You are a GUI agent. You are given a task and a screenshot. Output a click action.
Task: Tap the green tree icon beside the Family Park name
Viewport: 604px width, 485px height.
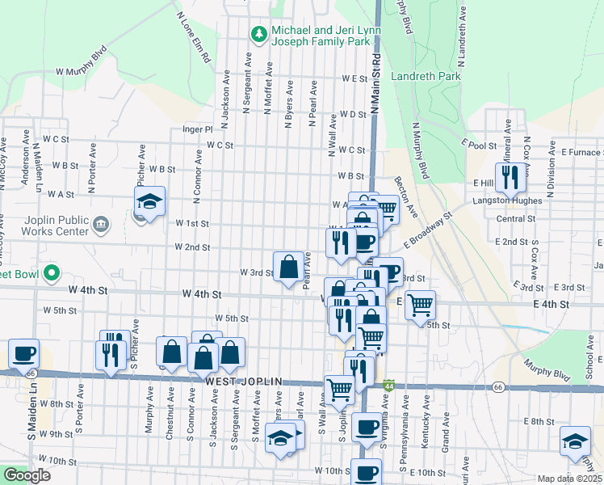pyautogui.click(x=258, y=34)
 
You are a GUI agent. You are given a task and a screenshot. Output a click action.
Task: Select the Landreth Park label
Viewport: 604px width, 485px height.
pyautogui.click(x=426, y=76)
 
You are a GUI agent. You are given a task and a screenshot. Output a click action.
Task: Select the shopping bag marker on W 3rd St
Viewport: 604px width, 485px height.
pyautogui.click(x=288, y=266)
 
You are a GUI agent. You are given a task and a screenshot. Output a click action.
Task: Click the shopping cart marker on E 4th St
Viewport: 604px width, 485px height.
pyautogui.click(x=420, y=305)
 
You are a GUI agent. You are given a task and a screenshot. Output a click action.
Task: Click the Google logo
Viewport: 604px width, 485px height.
pyautogui.click(x=27, y=475)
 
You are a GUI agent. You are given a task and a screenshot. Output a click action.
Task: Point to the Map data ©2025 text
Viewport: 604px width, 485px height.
pyautogui.click(x=569, y=479)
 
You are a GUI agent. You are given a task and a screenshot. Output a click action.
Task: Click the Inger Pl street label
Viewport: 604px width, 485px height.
pyautogui.click(x=197, y=129)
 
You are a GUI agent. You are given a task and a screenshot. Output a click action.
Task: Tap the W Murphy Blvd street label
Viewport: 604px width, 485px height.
pyautogui.click(x=82, y=72)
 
